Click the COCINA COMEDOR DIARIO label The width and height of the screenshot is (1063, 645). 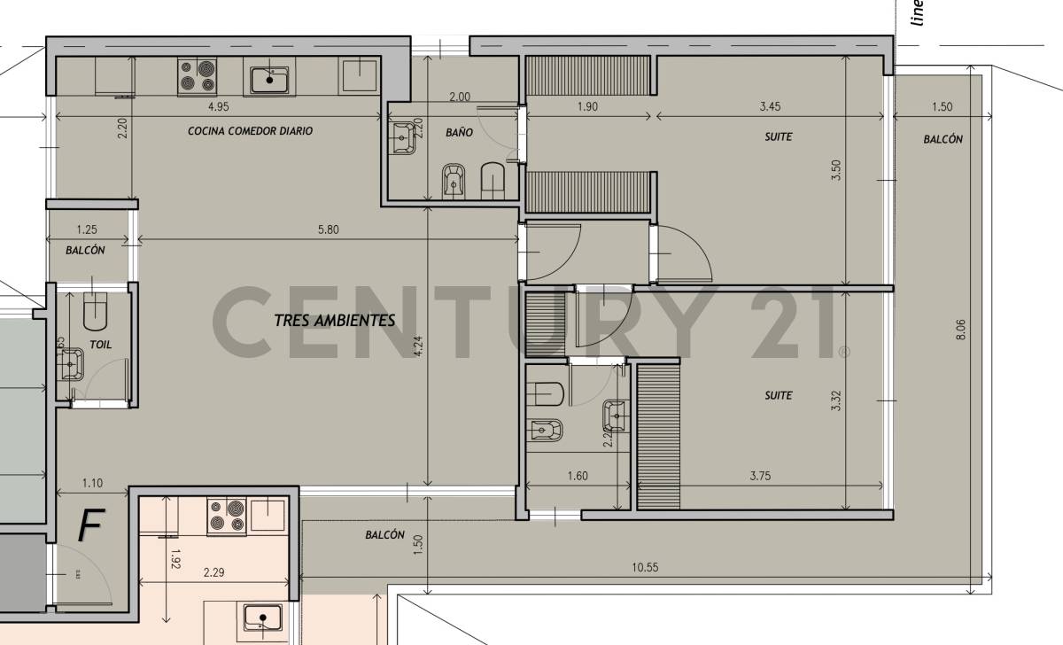[250, 130]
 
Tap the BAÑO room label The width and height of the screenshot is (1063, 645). [459, 132]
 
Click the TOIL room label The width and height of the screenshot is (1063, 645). [100, 345]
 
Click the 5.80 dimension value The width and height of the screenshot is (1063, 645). [327, 230]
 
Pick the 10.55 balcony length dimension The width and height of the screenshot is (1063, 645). [645, 567]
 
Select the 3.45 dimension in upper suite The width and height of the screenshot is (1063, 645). [770, 107]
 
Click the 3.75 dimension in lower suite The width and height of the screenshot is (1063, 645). [759, 476]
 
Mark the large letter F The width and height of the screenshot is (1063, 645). [89, 525]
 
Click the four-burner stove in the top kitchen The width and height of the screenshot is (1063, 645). [198, 76]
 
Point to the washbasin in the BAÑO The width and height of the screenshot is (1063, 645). [403, 136]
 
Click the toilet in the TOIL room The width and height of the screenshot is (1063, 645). [95, 311]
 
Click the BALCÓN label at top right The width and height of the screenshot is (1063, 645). [942, 139]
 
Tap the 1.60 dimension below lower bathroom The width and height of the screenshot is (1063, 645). [576, 476]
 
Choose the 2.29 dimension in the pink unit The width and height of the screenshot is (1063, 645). [213, 572]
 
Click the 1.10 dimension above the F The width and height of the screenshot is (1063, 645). [92, 484]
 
